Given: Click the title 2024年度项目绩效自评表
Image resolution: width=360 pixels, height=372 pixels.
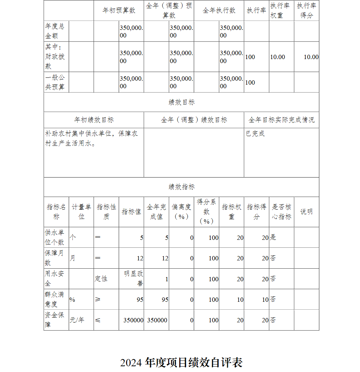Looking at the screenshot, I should pyautogui.click(x=181, y=362).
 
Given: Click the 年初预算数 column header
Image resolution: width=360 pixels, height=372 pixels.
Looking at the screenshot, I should pyautogui.click(x=119, y=10).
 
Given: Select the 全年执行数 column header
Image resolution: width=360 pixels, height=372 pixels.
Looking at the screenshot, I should pyautogui.click(x=219, y=10).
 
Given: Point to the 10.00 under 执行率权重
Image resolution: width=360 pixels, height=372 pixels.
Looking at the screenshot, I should pyautogui.click(x=278, y=57).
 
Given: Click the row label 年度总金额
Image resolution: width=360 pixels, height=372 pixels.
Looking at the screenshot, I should pyautogui.click(x=55, y=31).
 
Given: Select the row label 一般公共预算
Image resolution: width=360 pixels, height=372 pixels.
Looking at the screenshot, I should pyautogui.click(x=55, y=82).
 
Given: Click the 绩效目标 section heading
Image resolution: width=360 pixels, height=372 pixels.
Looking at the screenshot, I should pyautogui.click(x=181, y=102).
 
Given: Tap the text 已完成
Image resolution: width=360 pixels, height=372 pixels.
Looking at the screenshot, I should pyautogui.click(x=255, y=134).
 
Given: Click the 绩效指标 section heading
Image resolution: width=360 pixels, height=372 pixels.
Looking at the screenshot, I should pyautogui.click(x=181, y=187).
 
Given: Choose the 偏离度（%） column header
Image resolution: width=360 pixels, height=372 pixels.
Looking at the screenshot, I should pyautogui.click(x=181, y=212).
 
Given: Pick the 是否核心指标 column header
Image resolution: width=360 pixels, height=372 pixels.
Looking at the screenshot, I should pyautogui.click(x=281, y=212).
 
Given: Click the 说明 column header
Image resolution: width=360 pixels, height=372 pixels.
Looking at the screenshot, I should pyautogui.click(x=306, y=212).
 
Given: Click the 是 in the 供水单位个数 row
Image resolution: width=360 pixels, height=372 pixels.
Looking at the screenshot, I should pyautogui.click(x=273, y=237).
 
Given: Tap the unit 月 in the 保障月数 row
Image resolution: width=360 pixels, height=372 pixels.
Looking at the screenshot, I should pyautogui.click(x=72, y=258).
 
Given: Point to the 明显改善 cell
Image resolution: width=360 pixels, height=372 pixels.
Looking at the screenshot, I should pyautogui.click(x=134, y=278).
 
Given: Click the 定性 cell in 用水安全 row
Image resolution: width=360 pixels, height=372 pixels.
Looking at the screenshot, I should pyautogui.click(x=101, y=279).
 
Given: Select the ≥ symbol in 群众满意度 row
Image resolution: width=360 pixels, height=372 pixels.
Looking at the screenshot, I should pyautogui.click(x=98, y=300).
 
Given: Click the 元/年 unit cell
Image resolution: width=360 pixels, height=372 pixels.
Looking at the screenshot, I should pyautogui.click(x=77, y=320).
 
